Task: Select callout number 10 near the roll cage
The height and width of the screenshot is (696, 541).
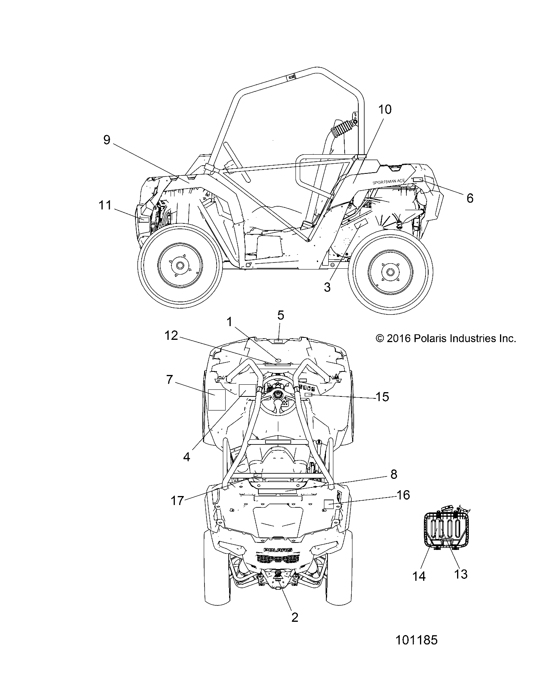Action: click(384, 110)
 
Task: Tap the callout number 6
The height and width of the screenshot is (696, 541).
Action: click(470, 198)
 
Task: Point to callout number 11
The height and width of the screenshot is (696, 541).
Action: click(105, 205)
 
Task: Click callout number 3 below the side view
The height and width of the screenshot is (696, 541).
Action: click(327, 287)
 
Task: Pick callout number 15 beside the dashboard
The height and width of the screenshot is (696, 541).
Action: click(382, 397)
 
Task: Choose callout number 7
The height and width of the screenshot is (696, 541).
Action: click(169, 379)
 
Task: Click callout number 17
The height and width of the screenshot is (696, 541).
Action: click(177, 501)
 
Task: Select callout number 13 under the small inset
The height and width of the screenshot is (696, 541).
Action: click(461, 574)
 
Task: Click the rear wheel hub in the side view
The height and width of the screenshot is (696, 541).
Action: click(390, 271)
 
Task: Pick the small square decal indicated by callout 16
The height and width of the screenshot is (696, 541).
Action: click(329, 505)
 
